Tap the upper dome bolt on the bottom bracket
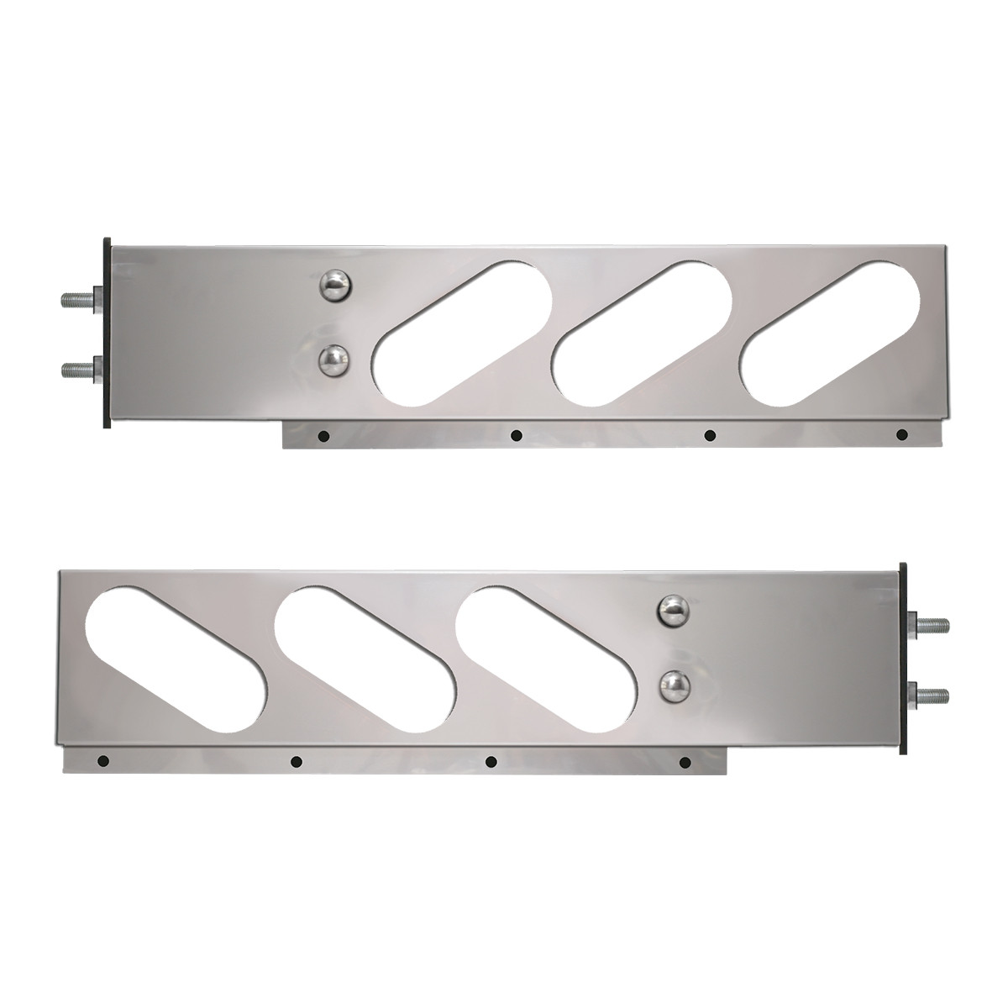click(673, 612)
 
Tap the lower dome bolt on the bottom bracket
click(673, 686)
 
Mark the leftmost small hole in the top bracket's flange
click(323, 435)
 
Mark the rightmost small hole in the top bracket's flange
click(902, 434)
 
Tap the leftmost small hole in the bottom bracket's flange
click(102, 761)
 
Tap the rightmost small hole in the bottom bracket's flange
click(685, 761)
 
